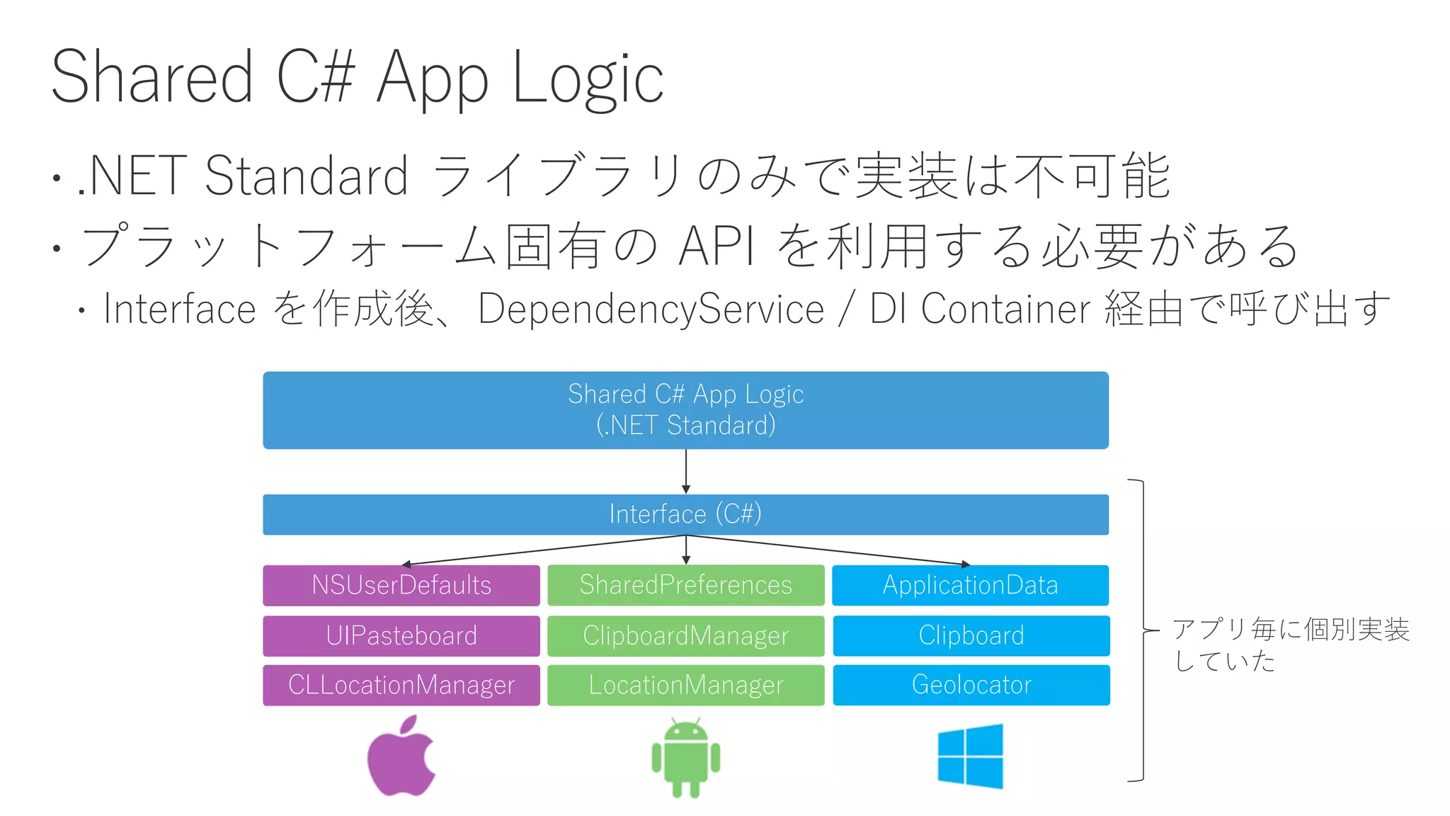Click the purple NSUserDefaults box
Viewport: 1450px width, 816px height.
coord(401,585)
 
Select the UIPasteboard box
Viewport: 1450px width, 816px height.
coord(401,635)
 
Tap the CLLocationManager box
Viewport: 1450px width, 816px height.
coord(401,685)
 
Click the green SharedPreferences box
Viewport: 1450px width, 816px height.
coord(685,585)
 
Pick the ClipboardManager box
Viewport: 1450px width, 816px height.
coord(685,635)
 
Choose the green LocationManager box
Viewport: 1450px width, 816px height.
coord(685,685)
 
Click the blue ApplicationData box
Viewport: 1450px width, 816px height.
coord(970,585)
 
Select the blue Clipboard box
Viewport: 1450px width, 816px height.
coord(971,635)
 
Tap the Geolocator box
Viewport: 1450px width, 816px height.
coord(971,685)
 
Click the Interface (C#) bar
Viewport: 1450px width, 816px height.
coord(685,514)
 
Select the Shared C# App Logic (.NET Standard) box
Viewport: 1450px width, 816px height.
coord(685,410)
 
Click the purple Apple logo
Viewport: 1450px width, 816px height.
coord(401,756)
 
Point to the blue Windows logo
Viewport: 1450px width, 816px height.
coord(970,756)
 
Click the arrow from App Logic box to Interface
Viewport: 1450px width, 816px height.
coord(685,471)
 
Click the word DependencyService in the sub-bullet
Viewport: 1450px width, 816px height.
coord(651,310)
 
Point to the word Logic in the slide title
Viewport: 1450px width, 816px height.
coord(588,78)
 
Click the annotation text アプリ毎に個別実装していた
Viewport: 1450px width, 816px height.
coord(1290,644)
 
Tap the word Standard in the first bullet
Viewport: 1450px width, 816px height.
coord(306,176)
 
